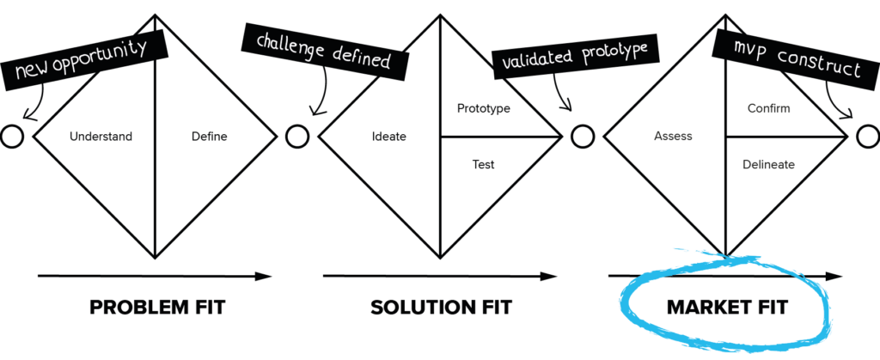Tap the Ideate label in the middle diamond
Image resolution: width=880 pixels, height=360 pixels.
(x=384, y=137)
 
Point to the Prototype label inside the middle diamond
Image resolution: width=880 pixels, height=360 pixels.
(x=484, y=110)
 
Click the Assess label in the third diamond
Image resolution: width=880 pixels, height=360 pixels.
(x=673, y=137)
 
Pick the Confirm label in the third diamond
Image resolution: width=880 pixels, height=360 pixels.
(x=769, y=110)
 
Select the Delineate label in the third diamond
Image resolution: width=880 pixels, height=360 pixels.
(x=768, y=164)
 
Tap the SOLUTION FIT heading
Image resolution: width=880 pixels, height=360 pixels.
(x=437, y=308)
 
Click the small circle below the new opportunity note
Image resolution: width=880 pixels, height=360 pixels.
(x=11, y=137)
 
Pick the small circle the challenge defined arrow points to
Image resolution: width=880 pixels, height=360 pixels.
(x=296, y=137)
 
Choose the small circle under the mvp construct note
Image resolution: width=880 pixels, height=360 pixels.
(x=867, y=137)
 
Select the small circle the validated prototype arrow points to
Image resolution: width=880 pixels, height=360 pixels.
(x=582, y=137)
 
